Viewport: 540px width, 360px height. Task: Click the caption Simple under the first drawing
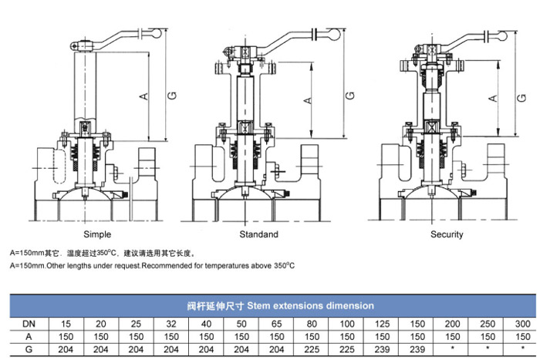pyautogui.click(x=96, y=234)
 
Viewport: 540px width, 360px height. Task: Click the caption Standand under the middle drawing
pyautogui.click(x=259, y=234)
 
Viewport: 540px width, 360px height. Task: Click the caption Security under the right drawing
pyautogui.click(x=447, y=234)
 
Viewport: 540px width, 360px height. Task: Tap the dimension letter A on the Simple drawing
pyautogui.click(x=143, y=96)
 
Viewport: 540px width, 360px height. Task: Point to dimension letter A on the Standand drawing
pyautogui.click(x=307, y=99)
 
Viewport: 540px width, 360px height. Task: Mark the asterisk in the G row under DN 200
pyautogui.click(x=453, y=349)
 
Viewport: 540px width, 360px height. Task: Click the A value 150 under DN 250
pyautogui.click(x=488, y=337)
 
